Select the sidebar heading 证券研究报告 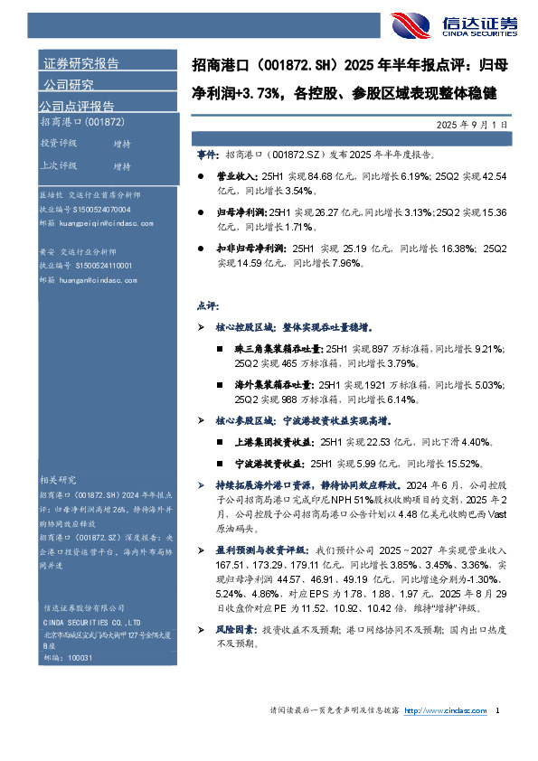tap(81, 63)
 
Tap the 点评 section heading tap(206, 306)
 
